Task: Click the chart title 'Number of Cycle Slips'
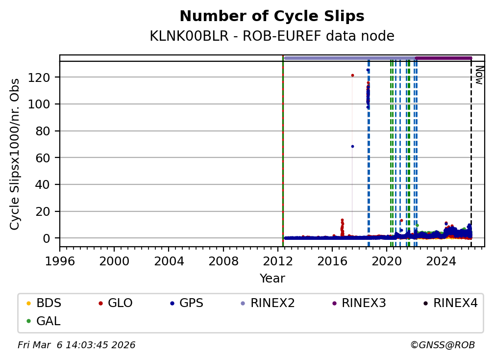[x=272, y=16]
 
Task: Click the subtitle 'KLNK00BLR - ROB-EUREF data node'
[x=272, y=36]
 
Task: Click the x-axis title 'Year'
[x=272, y=279]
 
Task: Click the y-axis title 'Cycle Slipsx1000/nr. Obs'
[x=15, y=154]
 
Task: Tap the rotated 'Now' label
[x=479, y=76]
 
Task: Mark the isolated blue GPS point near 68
[x=352, y=146]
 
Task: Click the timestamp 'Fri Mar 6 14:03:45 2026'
[x=76, y=345]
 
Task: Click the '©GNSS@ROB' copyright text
[x=443, y=345]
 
